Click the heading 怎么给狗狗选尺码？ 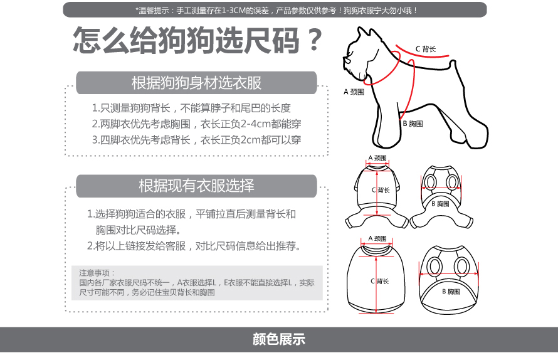click(197, 40)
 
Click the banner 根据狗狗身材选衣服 click(196, 83)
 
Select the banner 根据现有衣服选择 click(196, 186)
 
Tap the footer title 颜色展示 click(279, 339)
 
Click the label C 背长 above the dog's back click(426, 49)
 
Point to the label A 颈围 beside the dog click(354, 92)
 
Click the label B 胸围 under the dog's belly click(413, 124)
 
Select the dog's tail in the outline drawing click(453, 64)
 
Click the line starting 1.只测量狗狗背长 click(191, 108)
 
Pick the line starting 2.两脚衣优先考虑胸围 click(196, 124)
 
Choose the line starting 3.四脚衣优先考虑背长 click(196, 140)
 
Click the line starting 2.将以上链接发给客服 click(194, 246)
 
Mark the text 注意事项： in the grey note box click(97, 273)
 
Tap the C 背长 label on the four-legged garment click(381, 190)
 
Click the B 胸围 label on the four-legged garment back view click(440, 204)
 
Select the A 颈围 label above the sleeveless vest click(377, 238)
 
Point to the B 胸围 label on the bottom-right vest click(451, 292)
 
